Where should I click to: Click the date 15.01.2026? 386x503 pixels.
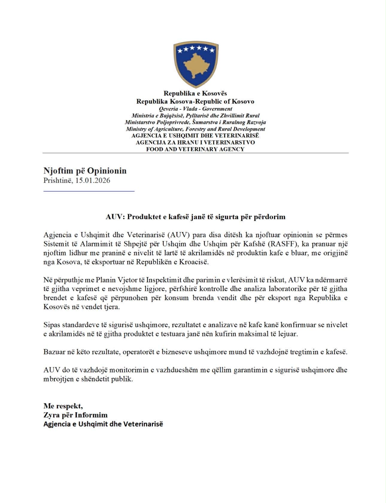(x=93, y=181)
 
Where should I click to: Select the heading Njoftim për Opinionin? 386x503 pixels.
(x=85, y=171)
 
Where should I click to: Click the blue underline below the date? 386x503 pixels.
(x=89, y=191)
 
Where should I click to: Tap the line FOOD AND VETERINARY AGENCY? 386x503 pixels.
(x=195, y=149)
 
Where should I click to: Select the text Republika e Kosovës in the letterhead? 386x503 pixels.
(x=195, y=93)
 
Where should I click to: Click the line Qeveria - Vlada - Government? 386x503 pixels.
(x=195, y=109)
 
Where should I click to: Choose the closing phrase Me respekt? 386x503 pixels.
(x=63, y=406)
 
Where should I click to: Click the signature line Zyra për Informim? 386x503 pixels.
(x=75, y=415)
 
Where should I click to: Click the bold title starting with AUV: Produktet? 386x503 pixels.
(x=195, y=217)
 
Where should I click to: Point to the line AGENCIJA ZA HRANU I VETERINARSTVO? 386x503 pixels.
(x=195, y=142)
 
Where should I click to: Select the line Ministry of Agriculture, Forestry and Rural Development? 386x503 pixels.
(x=195, y=129)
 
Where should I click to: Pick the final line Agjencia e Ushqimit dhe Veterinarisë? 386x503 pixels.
(x=103, y=424)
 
